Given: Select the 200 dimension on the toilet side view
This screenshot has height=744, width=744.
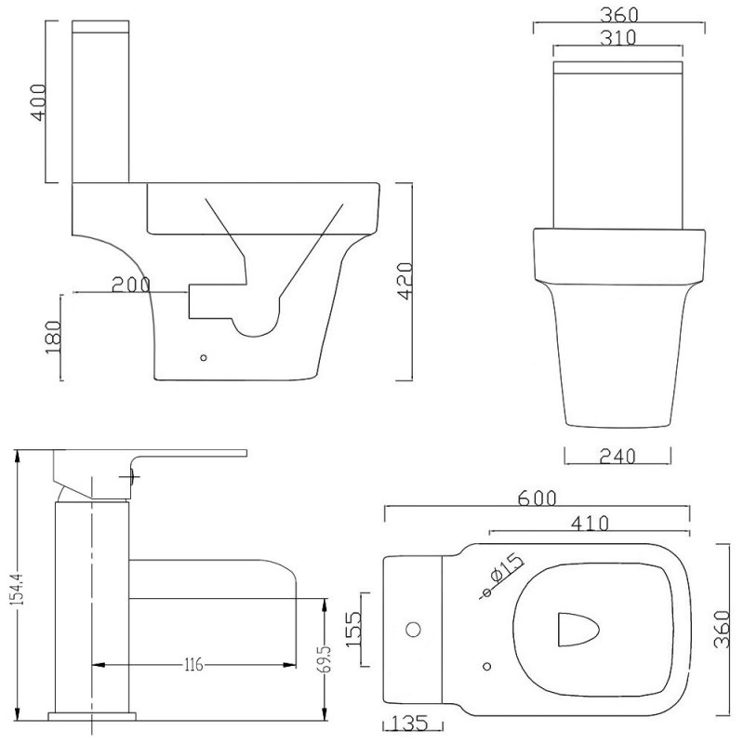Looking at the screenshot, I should coord(131,285).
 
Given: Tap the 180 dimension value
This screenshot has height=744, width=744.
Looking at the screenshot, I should coord(53,336).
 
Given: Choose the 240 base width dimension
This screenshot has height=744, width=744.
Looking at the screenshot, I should coord(618,456).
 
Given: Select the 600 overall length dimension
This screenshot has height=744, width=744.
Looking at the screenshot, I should coord(538,498).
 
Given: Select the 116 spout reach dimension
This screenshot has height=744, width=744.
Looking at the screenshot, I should coord(193,664).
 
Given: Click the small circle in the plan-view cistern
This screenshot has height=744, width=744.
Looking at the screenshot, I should coord(409,631).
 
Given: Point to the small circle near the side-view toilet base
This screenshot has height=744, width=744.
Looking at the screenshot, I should coord(204,355).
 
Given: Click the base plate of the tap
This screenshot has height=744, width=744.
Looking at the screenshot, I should coord(91,717).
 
